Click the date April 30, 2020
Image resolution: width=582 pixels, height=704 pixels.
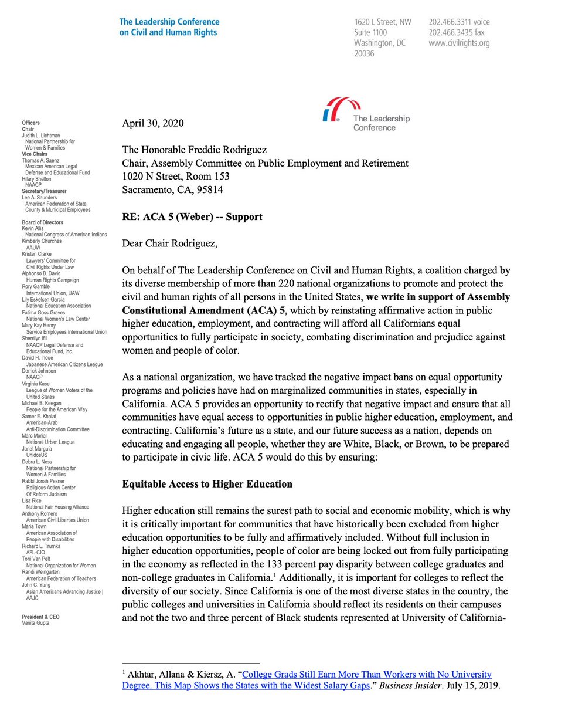click(152, 123)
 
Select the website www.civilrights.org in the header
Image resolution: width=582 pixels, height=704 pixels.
click(458, 43)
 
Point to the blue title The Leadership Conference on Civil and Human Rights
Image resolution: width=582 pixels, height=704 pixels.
click(168, 27)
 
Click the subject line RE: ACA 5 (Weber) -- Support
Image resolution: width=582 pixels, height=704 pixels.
click(192, 217)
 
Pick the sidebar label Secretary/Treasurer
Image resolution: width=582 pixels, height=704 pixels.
click(44, 191)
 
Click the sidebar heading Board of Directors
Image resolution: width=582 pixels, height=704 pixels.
click(42, 222)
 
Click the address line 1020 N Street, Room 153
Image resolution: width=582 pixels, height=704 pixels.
click(176, 177)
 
